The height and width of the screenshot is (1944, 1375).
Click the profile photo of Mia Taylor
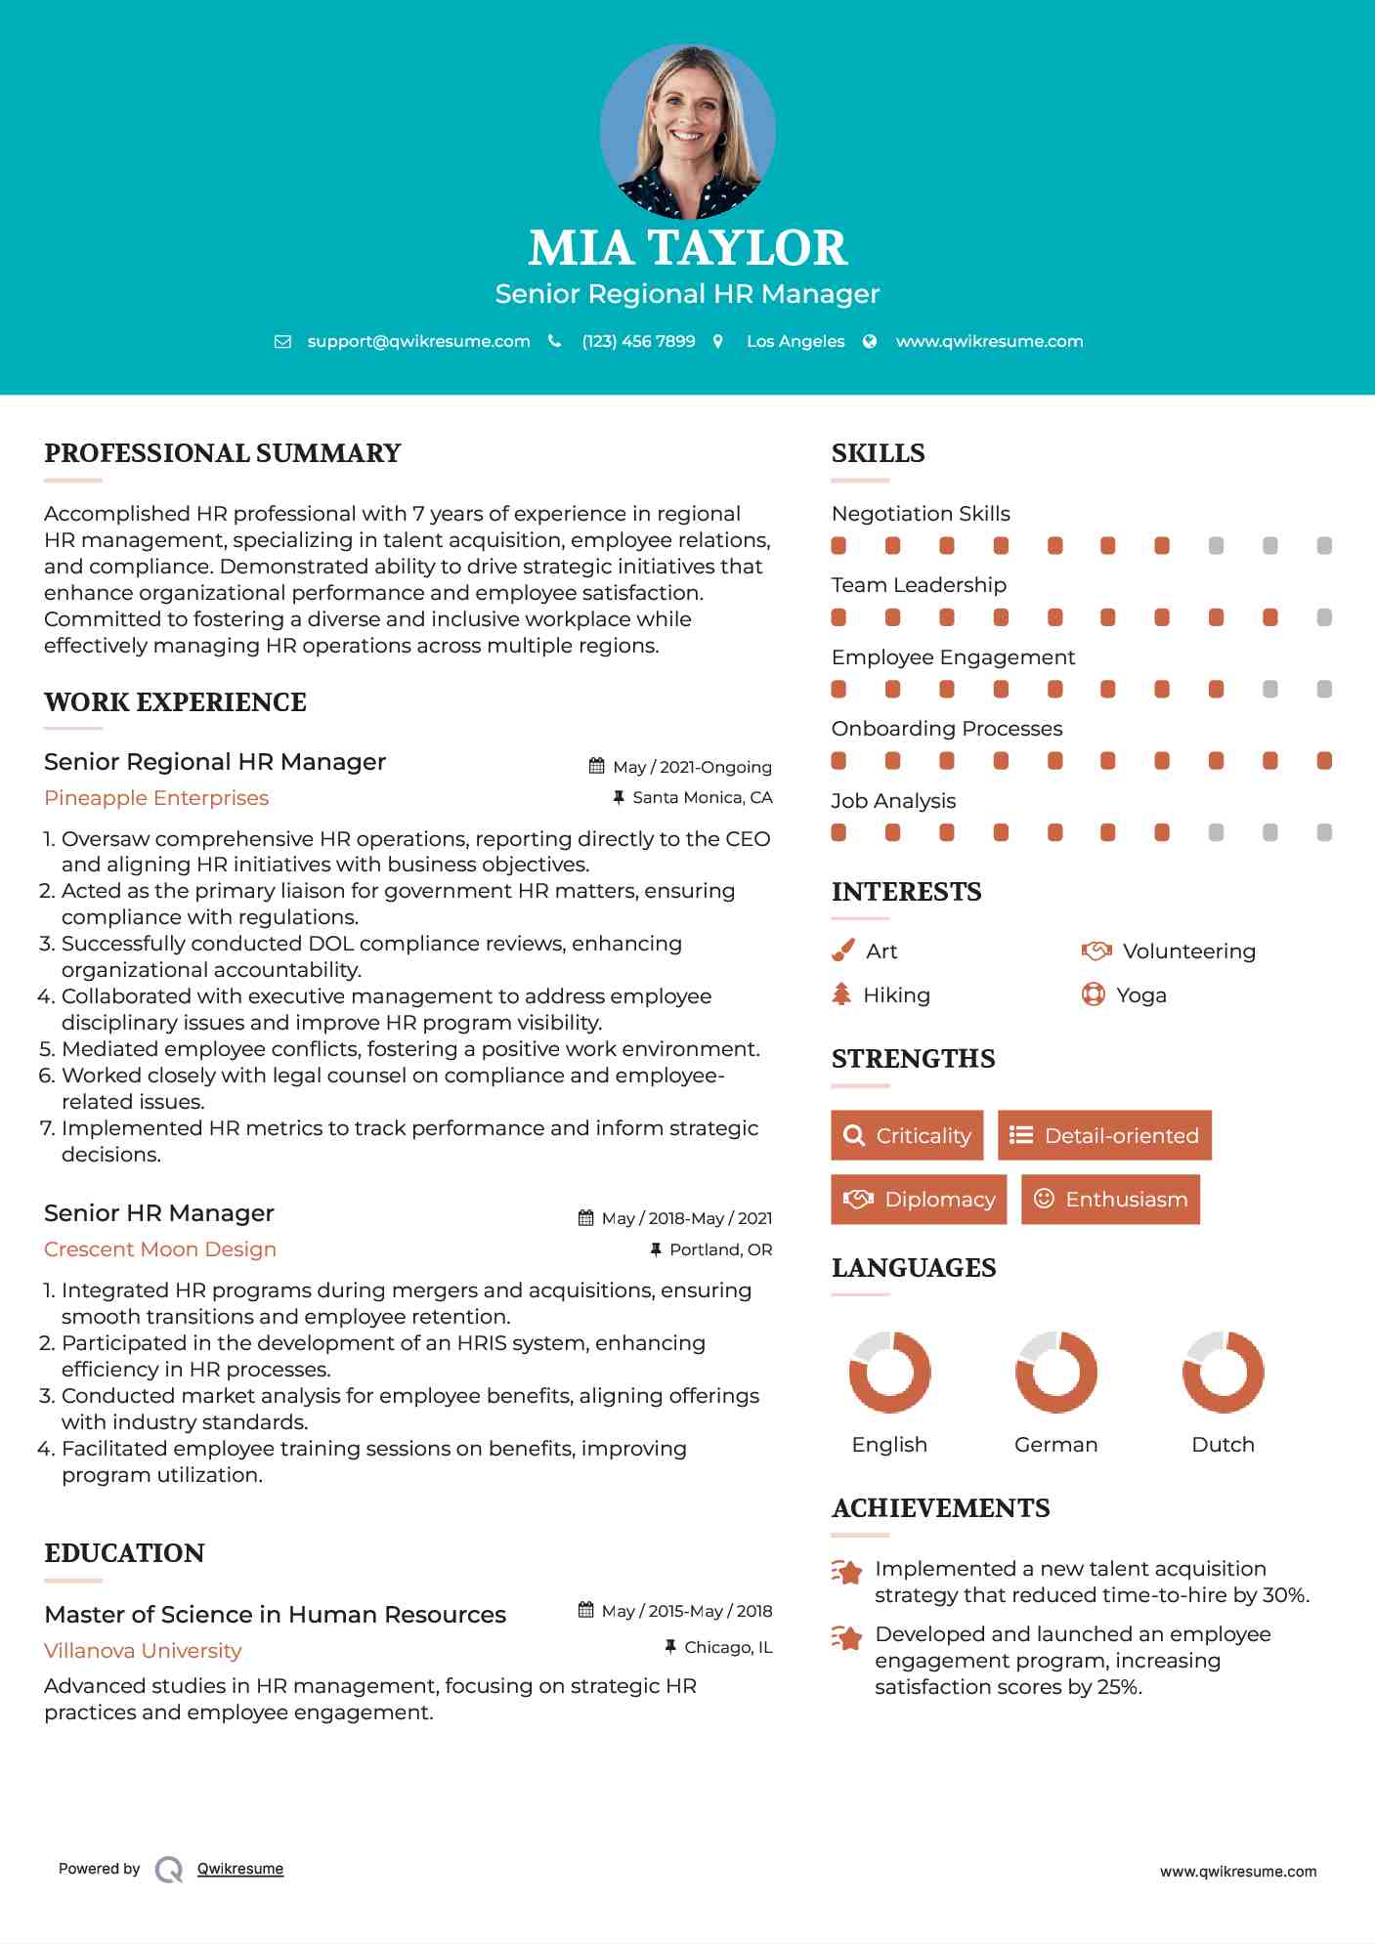687,131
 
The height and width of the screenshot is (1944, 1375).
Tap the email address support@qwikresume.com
418,341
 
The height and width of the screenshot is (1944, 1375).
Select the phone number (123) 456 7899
638,341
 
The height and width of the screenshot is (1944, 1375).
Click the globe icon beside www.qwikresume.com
870,341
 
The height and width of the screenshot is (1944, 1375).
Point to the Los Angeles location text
795,341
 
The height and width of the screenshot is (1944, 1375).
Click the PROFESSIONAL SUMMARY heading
223,453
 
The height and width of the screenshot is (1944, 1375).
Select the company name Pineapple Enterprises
156,798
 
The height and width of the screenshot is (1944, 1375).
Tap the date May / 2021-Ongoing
692,767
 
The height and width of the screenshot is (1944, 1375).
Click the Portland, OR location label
720,1249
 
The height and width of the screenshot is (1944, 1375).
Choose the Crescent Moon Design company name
160,1249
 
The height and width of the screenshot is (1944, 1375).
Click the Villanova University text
143,1651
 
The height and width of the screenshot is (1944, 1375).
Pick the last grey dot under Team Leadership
1324,617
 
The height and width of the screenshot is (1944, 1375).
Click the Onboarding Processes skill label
946,729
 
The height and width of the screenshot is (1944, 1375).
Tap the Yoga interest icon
1093,994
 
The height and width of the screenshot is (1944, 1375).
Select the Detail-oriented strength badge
1104,1135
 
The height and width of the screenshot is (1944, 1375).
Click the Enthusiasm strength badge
1110,1199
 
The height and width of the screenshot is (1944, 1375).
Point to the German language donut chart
1055,1372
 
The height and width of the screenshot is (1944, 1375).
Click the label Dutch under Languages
1223,1445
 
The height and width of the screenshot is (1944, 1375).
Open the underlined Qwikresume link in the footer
240,1869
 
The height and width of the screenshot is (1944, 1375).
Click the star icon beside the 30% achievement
847,1572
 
